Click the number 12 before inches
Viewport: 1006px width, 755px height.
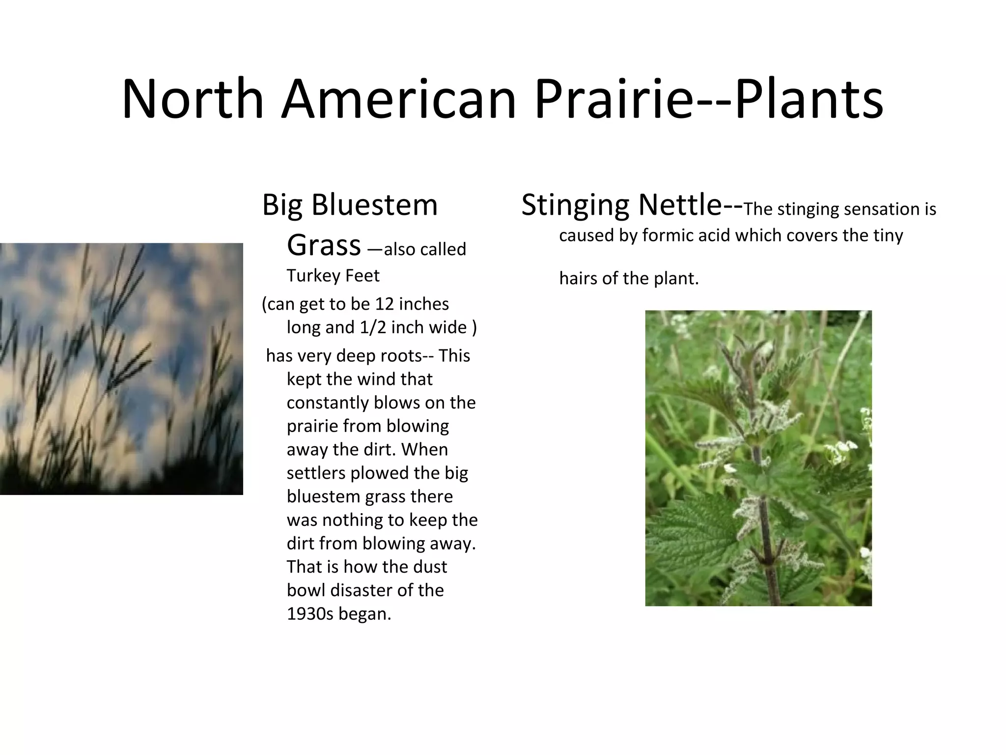(x=384, y=304)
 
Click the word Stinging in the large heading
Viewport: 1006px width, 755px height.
(x=575, y=205)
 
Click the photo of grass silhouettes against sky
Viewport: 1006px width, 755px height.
(x=121, y=369)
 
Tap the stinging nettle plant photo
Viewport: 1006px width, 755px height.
(x=758, y=458)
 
